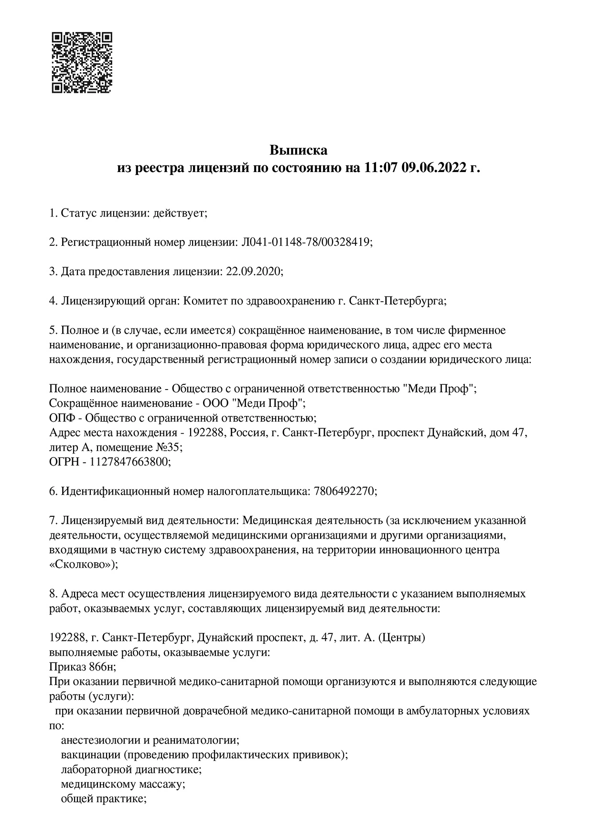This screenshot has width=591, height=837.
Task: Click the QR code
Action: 82,62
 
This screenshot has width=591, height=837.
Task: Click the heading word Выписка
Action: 299,150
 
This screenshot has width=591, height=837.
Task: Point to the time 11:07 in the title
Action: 380,168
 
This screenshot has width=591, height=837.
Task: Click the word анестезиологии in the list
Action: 99,740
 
